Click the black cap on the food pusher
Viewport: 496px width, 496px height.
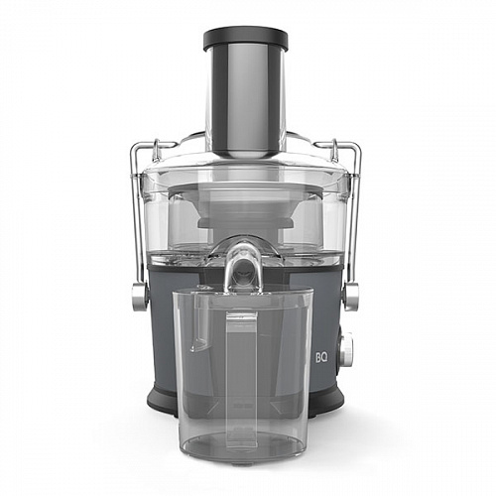tap(245, 39)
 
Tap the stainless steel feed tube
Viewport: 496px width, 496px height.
tap(245, 99)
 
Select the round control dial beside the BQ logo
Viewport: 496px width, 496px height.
tap(345, 350)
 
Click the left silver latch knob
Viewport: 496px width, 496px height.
tap(139, 296)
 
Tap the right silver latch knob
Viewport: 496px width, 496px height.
tap(350, 296)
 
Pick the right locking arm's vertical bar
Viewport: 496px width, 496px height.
tap(356, 218)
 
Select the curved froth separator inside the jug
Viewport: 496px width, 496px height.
tap(198, 327)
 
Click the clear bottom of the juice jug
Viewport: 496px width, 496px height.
tap(243, 441)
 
